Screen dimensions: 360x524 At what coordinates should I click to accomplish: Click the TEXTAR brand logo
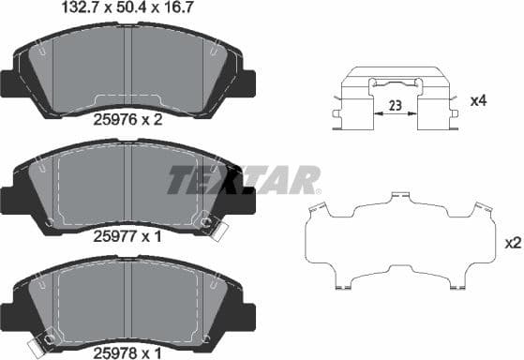tap(244, 179)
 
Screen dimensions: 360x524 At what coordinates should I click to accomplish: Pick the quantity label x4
tap(477, 99)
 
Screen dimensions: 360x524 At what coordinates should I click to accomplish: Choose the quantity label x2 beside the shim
tap(512, 243)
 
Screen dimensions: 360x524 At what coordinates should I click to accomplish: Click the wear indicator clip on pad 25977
tap(217, 228)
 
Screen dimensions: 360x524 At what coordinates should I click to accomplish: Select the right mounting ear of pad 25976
tap(249, 83)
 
